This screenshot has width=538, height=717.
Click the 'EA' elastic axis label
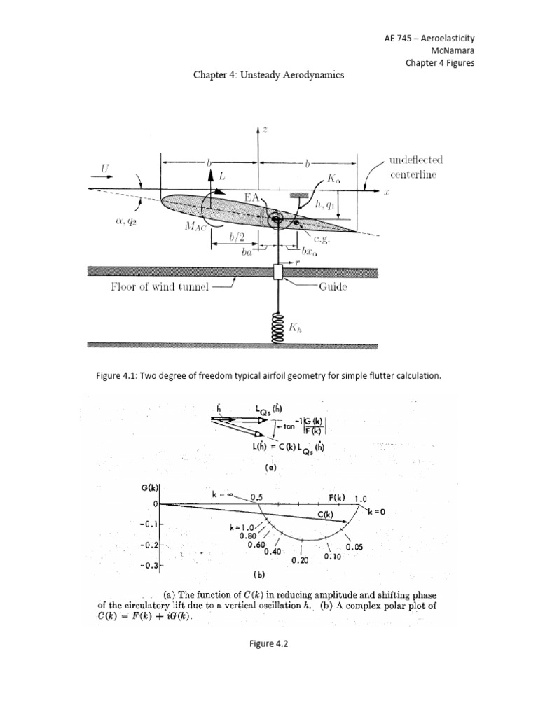click(252, 200)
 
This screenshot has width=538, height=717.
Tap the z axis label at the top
click(266, 130)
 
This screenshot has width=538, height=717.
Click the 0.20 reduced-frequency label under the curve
click(300, 560)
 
